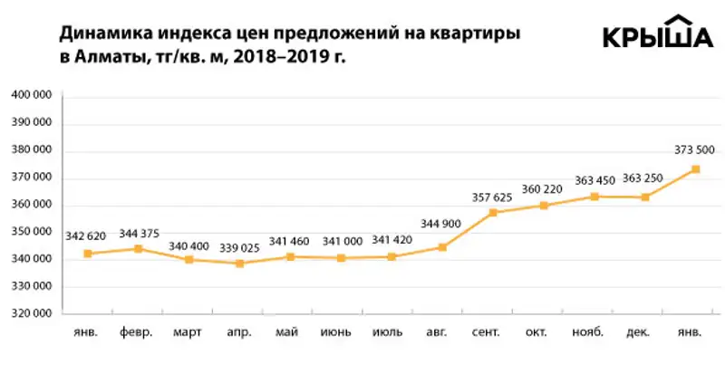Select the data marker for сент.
(x=493, y=213)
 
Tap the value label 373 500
(x=696, y=150)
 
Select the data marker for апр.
(x=239, y=264)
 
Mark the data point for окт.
(x=544, y=206)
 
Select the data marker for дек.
(x=644, y=197)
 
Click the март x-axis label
(x=188, y=331)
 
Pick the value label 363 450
(x=594, y=180)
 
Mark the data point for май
(x=290, y=257)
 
